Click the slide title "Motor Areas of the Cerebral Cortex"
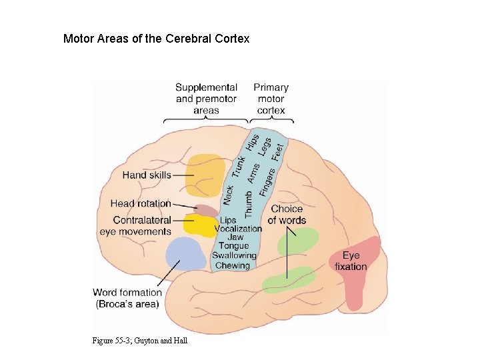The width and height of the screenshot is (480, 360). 156,39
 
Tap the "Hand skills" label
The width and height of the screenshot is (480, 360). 147,175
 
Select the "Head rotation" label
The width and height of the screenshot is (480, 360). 141,203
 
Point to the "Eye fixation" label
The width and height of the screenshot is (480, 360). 351,261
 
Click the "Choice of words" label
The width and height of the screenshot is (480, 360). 287,215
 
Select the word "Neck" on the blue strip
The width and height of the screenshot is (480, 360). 228,194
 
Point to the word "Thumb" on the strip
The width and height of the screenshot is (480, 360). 249,203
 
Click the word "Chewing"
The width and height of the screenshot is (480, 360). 233,265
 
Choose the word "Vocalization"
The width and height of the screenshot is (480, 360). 238,229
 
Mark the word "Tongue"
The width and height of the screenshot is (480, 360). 233,247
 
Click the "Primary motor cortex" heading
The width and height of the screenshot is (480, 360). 271,99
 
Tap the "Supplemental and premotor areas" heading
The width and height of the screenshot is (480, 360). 206,99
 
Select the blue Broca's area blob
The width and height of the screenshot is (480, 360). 185,253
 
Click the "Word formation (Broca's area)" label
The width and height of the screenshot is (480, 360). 127,298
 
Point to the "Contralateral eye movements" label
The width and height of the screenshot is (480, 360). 135,225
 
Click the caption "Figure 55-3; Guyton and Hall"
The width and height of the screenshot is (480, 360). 140,341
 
